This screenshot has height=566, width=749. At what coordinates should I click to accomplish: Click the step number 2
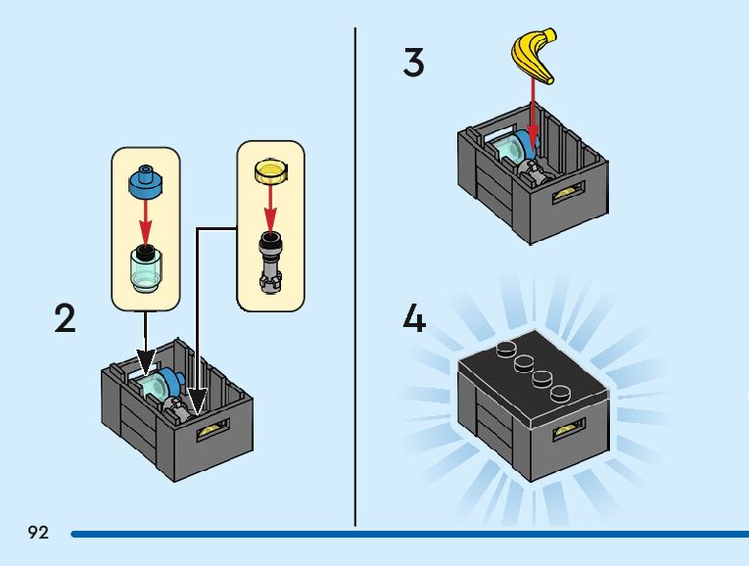(66, 319)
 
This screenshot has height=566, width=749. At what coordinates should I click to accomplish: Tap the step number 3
(414, 64)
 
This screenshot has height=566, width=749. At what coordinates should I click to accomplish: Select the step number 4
(415, 319)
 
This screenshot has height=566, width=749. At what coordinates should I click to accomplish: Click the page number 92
(38, 533)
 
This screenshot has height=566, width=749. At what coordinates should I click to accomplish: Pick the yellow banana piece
(535, 58)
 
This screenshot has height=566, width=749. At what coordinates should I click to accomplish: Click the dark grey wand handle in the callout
(269, 261)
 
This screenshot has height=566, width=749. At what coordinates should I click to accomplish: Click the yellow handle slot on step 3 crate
(565, 196)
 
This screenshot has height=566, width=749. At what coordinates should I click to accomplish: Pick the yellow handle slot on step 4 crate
(565, 431)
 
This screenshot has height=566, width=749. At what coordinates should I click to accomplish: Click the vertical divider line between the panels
(354, 274)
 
